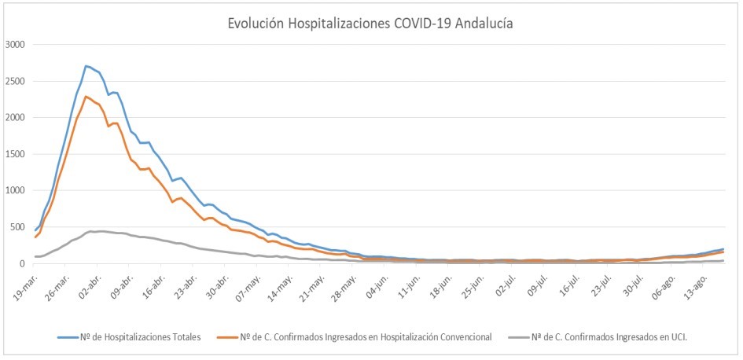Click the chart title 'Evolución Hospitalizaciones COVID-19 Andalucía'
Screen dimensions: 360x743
point(370,24)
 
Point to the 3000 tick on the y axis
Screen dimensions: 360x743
point(15,45)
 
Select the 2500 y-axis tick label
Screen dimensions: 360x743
point(15,81)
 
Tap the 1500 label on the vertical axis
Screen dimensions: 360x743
point(15,154)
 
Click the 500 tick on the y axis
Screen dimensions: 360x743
point(18,227)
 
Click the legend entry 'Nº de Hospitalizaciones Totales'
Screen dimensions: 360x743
point(129,337)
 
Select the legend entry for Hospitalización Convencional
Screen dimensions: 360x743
point(370,337)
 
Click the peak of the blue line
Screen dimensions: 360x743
point(86,66)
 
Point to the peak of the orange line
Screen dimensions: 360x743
point(86,97)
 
